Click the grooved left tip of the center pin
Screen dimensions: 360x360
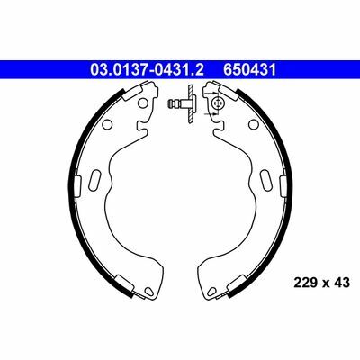click(x=175, y=105)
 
